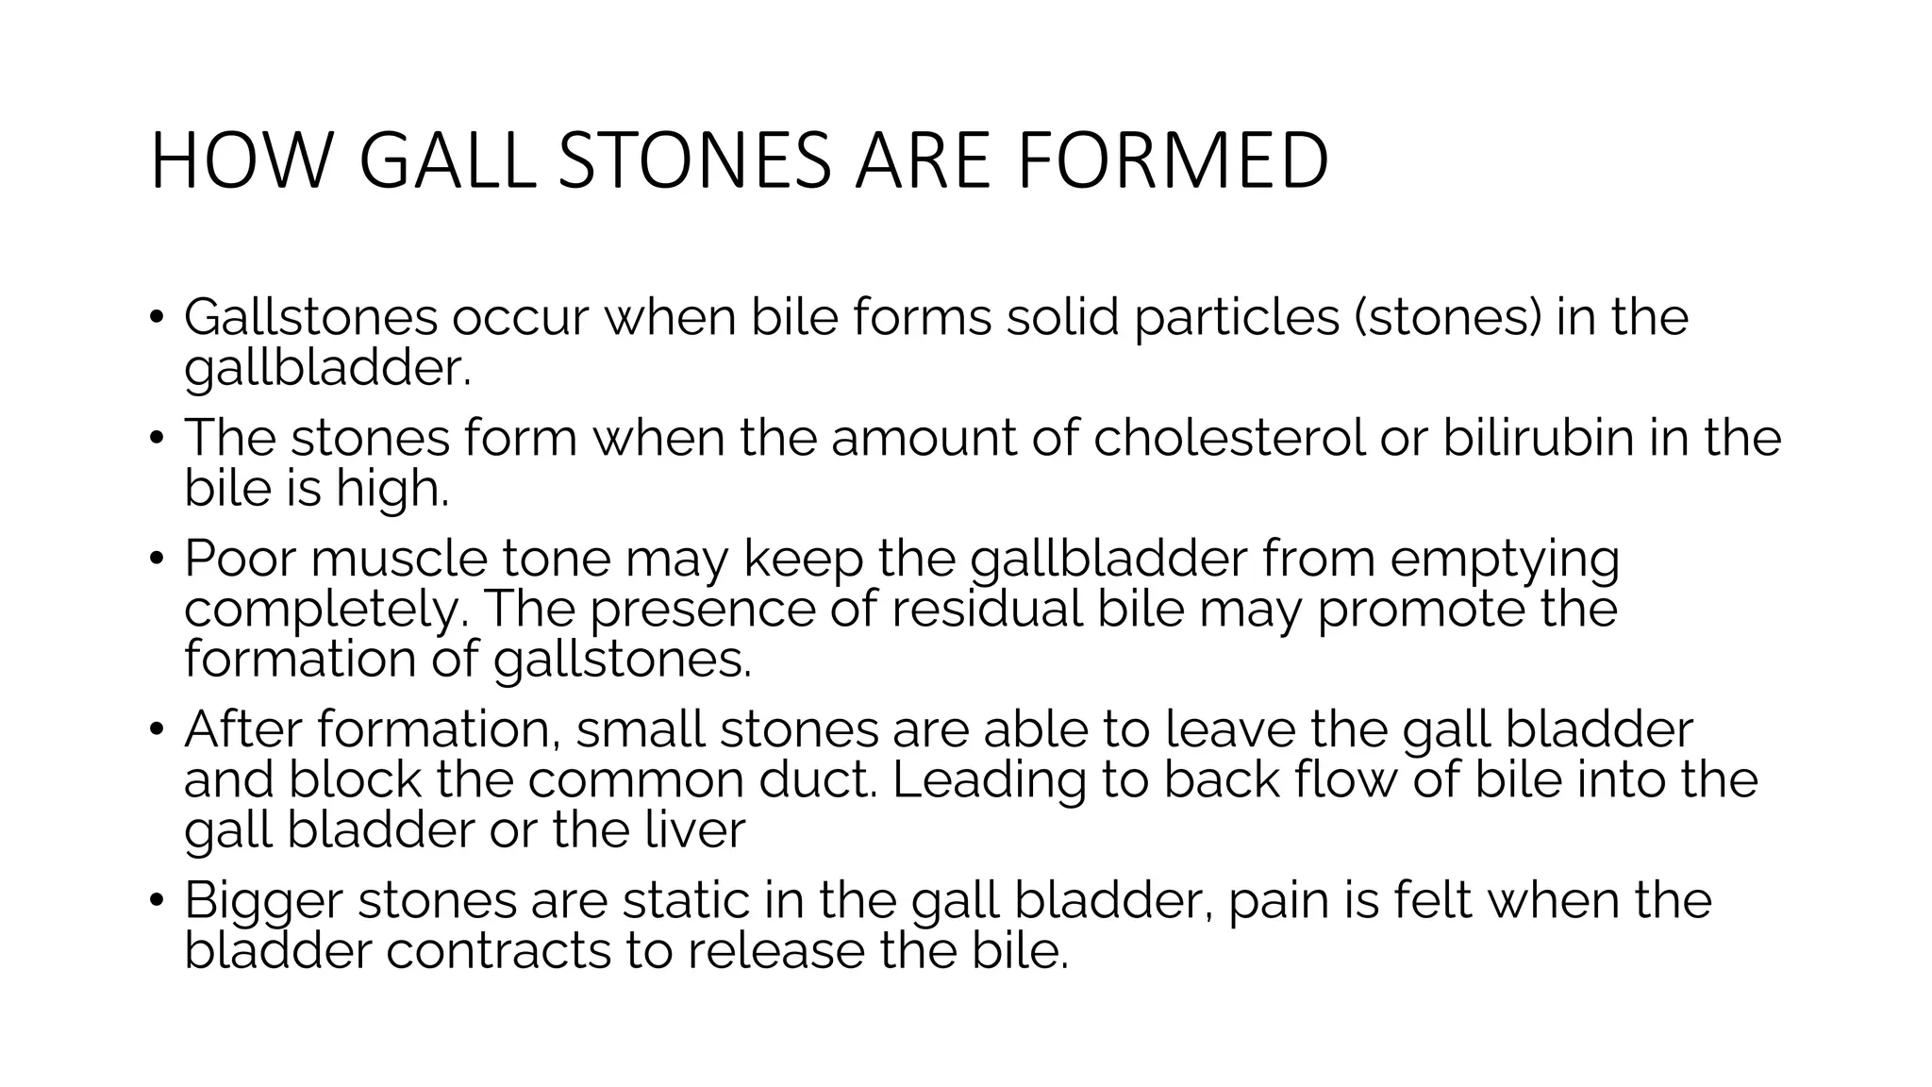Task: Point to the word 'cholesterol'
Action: click(1229, 438)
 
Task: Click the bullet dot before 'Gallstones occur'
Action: click(157, 317)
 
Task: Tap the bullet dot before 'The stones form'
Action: click(157, 438)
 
